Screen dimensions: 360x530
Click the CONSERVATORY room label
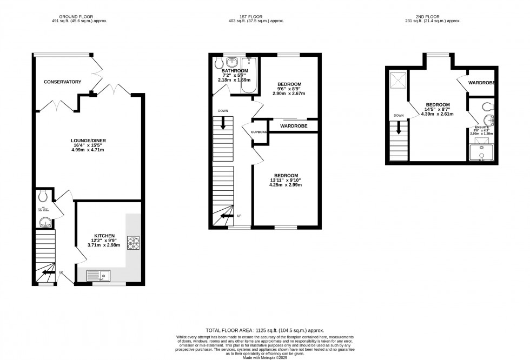pos(63,82)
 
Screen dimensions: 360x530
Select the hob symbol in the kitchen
pos(133,244)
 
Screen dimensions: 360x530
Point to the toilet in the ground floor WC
pos(44,196)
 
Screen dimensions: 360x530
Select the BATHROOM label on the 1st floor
pos(234,71)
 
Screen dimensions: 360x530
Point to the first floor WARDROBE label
pos(293,126)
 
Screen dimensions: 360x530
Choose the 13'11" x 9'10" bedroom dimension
pos(285,181)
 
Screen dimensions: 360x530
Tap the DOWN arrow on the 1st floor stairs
pos(223,123)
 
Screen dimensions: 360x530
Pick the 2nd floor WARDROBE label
pos(482,83)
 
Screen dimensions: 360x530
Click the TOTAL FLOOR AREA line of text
pos(264,330)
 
